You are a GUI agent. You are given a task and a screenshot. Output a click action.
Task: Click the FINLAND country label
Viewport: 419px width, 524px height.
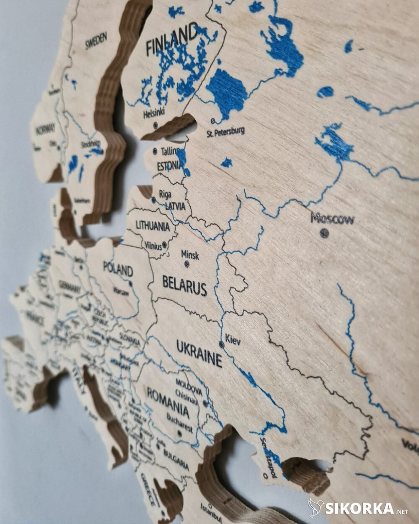pyautogui.click(x=172, y=40)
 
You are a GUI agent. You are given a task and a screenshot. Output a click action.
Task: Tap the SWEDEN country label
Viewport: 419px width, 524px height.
pyautogui.click(x=96, y=41)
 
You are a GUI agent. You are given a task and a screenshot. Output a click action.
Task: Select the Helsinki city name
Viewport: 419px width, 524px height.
pyautogui.click(x=154, y=113)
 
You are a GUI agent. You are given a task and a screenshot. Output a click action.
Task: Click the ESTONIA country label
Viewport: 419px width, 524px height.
pyautogui.click(x=169, y=166)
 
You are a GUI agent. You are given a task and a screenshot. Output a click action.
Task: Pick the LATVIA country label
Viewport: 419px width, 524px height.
pyautogui.click(x=175, y=206)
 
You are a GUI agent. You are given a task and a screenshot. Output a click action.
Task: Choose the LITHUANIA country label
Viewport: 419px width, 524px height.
pyautogui.click(x=153, y=226)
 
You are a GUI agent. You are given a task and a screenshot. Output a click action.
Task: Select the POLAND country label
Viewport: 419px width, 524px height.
pyautogui.click(x=118, y=269)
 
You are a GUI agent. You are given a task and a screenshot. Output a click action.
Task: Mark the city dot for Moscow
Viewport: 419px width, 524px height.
pyautogui.click(x=324, y=233)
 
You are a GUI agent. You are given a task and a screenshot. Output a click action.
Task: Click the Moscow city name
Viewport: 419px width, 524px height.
pyautogui.click(x=332, y=218)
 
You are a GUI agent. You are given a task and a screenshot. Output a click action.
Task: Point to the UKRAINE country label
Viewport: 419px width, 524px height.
pyautogui.click(x=199, y=353)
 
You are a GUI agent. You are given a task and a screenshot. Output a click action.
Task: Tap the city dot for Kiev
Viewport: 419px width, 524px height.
pyautogui.click(x=221, y=344)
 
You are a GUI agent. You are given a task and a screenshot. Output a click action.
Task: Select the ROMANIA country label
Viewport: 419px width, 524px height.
pyautogui.click(x=168, y=401)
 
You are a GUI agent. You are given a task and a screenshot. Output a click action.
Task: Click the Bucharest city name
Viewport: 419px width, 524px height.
pyautogui.click(x=179, y=423)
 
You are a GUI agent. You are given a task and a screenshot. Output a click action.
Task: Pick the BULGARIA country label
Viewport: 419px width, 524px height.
pyautogui.click(x=176, y=459)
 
